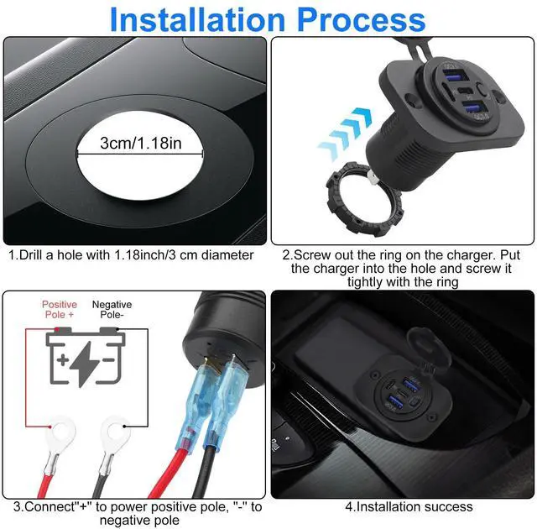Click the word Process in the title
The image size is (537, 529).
click(x=362, y=19)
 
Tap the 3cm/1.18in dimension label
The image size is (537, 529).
click(x=141, y=143)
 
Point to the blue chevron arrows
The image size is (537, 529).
click(x=345, y=134)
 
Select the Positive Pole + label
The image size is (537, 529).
click(x=60, y=309)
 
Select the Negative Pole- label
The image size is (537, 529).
click(x=112, y=309)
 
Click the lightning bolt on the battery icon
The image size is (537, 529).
click(x=84, y=364)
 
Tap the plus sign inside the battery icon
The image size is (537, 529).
click(x=63, y=359)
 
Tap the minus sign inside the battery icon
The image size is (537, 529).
click(x=108, y=359)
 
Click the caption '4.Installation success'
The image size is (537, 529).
click(x=409, y=506)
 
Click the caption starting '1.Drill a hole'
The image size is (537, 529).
click(x=131, y=255)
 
